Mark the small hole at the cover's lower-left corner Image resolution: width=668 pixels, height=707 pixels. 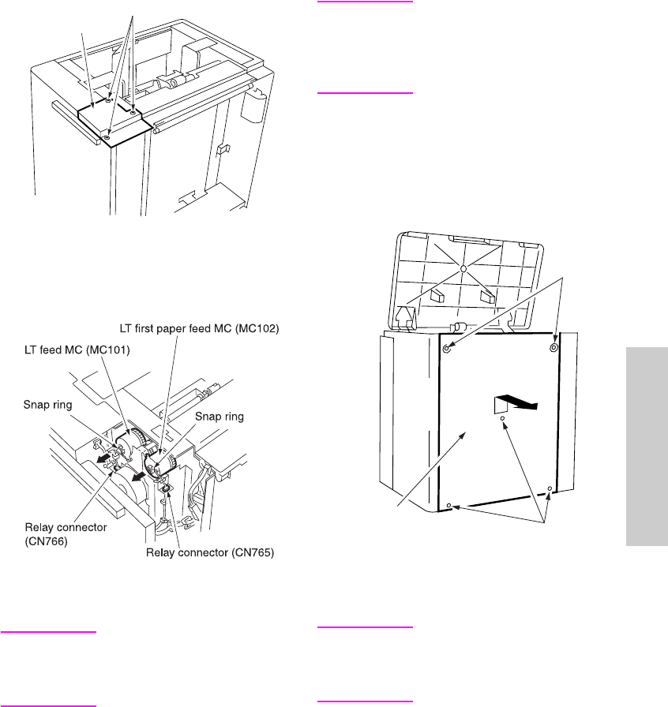[x=448, y=505]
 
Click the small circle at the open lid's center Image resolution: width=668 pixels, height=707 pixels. [x=464, y=270]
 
